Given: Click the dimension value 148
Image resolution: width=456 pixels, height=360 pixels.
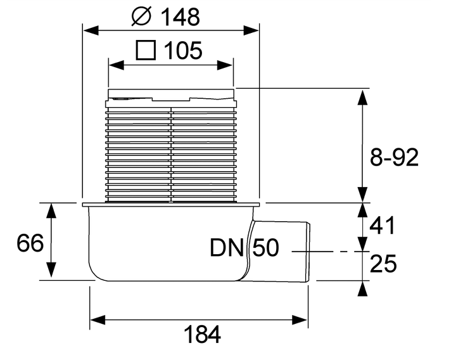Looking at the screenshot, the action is click(x=180, y=17).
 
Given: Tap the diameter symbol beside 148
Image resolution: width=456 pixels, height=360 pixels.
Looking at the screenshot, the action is click(x=141, y=16).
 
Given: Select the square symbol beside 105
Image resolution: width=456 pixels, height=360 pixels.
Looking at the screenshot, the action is click(x=146, y=50).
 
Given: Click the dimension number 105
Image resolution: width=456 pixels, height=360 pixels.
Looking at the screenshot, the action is click(x=183, y=50).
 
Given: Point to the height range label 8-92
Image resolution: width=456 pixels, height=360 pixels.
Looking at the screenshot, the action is click(x=394, y=157).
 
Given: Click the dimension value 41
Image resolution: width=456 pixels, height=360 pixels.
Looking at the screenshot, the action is click(x=383, y=225).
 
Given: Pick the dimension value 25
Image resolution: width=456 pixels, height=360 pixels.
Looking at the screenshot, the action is click(x=383, y=264).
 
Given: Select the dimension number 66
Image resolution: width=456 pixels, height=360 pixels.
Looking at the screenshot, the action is click(x=30, y=243).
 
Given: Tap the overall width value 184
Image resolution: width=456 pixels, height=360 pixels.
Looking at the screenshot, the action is click(x=203, y=335).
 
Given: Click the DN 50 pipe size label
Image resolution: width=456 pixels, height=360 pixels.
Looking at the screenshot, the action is click(x=244, y=248).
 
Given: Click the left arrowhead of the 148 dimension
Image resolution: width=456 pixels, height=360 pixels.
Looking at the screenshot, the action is click(x=91, y=30).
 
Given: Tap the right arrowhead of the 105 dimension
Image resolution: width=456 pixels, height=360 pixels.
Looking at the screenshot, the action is click(x=225, y=65).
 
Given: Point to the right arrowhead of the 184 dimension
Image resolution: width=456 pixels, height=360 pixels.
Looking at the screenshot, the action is click(x=300, y=320).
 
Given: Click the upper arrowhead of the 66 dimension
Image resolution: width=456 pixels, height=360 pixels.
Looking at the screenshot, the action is click(x=51, y=210).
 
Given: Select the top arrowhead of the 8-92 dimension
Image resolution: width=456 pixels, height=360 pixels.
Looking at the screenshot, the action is click(x=362, y=97).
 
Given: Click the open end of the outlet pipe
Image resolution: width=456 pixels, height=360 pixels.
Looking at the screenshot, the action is click(x=309, y=252).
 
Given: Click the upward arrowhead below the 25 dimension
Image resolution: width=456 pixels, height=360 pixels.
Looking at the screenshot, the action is click(x=362, y=289).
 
